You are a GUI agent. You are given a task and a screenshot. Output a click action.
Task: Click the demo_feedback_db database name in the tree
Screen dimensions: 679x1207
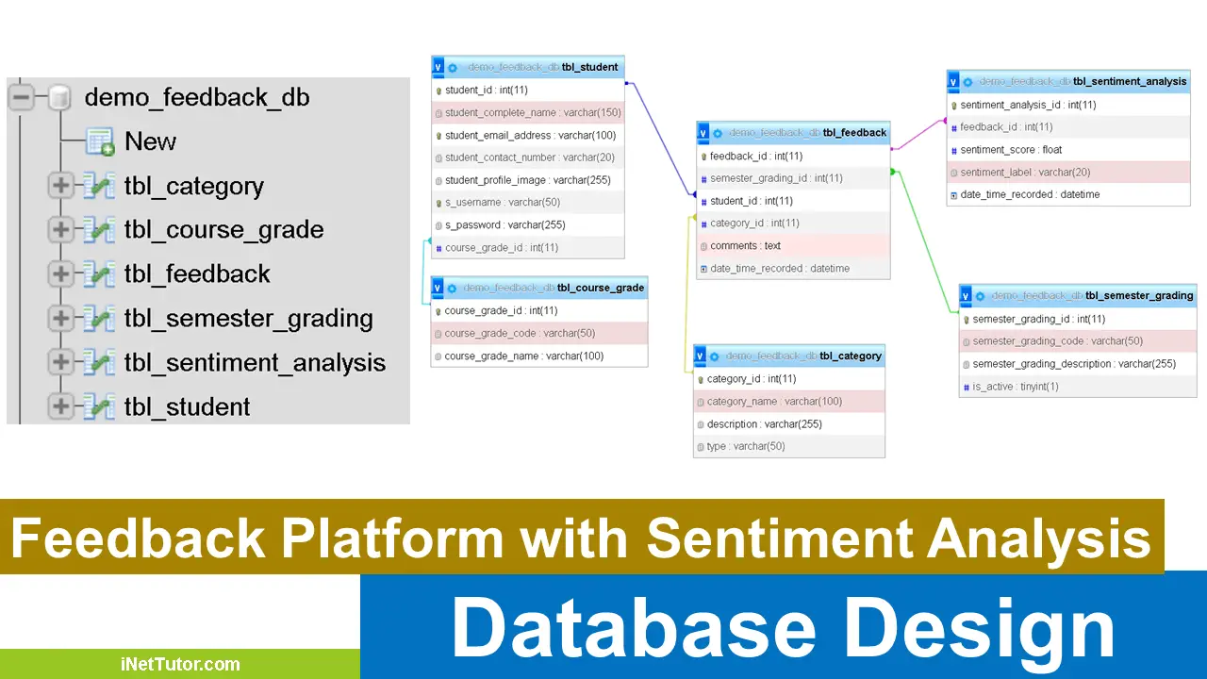[x=196, y=97]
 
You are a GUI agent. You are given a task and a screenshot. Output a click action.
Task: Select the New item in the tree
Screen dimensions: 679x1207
[x=150, y=141]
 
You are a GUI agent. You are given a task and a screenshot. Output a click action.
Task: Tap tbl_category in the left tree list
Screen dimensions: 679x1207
[x=193, y=186]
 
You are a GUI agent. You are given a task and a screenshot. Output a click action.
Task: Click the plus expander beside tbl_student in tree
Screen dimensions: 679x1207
[x=60, y=406]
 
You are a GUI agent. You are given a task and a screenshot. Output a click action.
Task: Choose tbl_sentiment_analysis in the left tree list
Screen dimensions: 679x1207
[x=254, y=362]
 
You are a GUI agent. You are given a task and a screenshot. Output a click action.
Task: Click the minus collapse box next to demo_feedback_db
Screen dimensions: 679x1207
[x=21, y=97]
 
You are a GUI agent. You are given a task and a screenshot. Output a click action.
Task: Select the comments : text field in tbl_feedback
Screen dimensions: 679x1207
[x=745, y=245]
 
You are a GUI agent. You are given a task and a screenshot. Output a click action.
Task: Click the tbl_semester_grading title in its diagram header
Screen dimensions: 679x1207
[x=1139, y=295]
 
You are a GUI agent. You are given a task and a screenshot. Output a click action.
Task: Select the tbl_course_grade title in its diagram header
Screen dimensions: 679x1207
[x=601, y=288]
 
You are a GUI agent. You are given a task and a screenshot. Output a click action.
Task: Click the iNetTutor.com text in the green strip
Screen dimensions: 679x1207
[x=180, y=664]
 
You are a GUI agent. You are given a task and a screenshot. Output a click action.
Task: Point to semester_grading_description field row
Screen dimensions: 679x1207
[x=1074, y=363]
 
